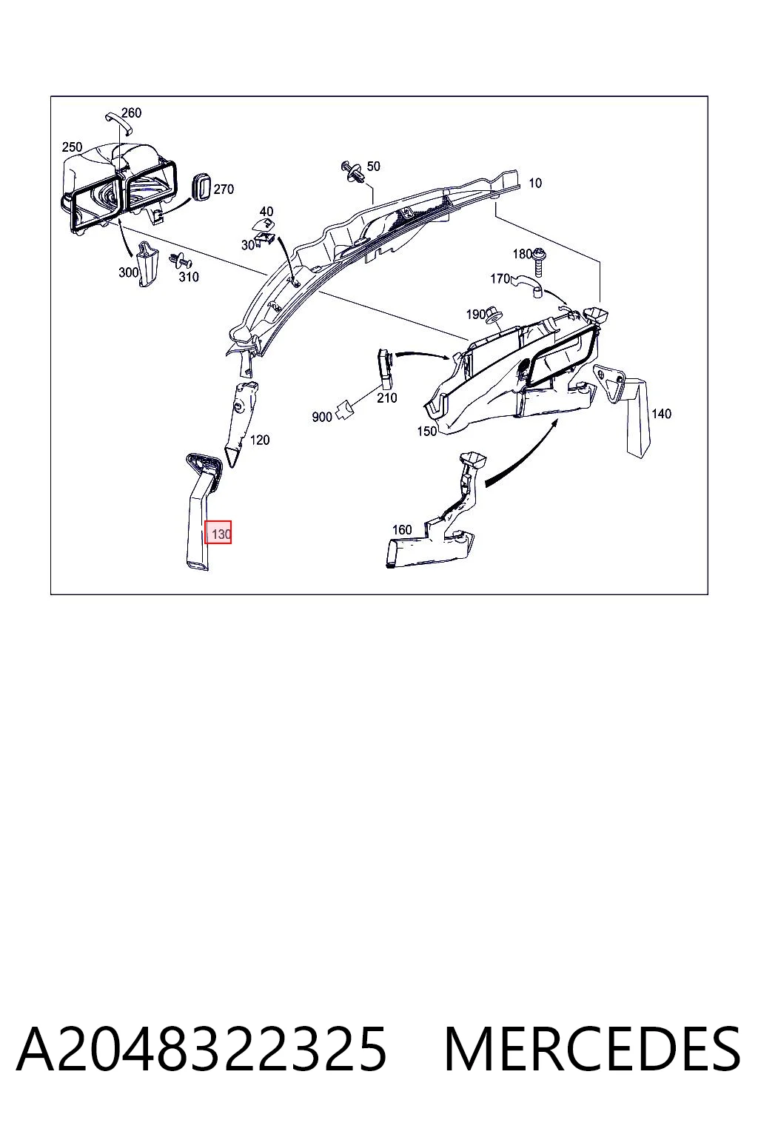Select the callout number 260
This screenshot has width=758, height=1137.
pyautogui.click(x=132, y=113)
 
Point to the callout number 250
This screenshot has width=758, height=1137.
pyautogui.click(x=72, y=147)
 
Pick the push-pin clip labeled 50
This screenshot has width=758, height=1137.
pyautogui.click(x=354, y=172)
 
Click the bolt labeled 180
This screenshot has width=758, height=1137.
pyautogui.click(x=538, y=263)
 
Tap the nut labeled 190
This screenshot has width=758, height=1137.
pyautogui.click(x=492, y=316)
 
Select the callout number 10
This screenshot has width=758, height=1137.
pyautogui.click(x=535, y=184)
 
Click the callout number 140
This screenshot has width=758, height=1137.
pyautogui.click(x=661, y=414)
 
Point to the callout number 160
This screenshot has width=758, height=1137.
pyautogui.click(x=402, y=530)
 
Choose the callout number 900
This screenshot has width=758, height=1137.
pyautogui.click(x=322, y=417)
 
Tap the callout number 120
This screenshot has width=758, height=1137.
pyautogui.click(x=260, y=440)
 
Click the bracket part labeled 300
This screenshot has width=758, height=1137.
pyautogui.click(x=147, y=264)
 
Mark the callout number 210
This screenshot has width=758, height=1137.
pyautogui.click(x=387, y=398)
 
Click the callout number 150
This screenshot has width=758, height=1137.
pyautogui.click(x=426, y=431)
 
